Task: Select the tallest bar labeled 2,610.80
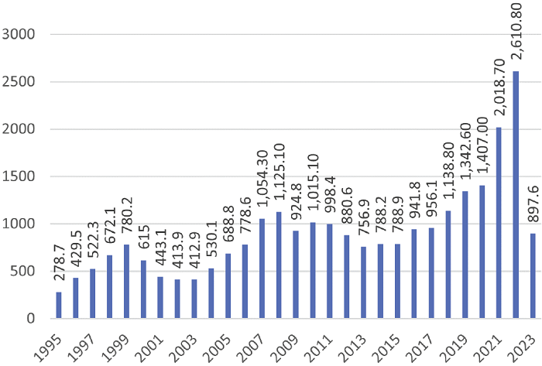pyautogui.click(x=516, y=194)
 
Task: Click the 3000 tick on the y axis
pyautogui.click(x=20, y=35)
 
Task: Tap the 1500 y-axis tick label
pyautogui.click(x=20, y=176)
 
